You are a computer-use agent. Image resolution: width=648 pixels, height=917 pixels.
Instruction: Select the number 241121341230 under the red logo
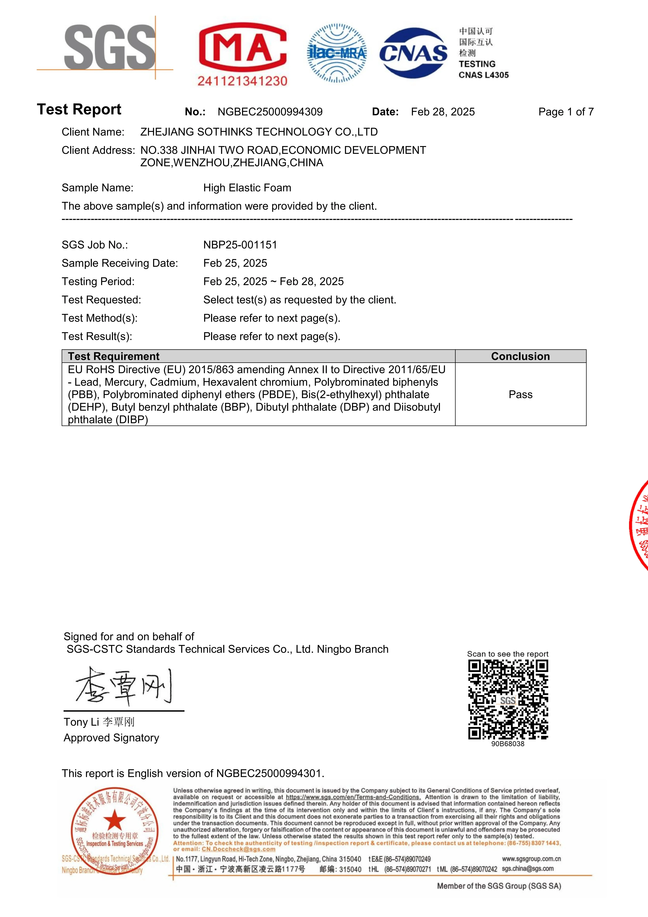click(x=242, y=81)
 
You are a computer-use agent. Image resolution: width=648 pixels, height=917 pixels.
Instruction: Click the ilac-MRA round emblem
click(x=337, y=53)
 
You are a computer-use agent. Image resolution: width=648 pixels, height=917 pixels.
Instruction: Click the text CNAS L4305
click(x=484, y=75)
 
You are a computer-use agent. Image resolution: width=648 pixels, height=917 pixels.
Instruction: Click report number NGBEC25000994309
click(x=270, y=112)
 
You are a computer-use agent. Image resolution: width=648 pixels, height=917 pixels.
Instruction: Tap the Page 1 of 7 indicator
click(x=566, y=112)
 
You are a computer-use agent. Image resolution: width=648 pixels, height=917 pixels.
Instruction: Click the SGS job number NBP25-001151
click(x=240, y=245)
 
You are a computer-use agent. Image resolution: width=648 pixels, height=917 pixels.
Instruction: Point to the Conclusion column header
click(x=520, y=356)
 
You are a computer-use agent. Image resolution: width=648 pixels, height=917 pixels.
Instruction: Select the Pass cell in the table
click(x=520, y=395)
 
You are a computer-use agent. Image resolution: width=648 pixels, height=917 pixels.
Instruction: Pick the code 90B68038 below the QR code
click(x=507, y=744)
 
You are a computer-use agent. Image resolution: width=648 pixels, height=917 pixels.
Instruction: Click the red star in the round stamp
click(x=115, y=820)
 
